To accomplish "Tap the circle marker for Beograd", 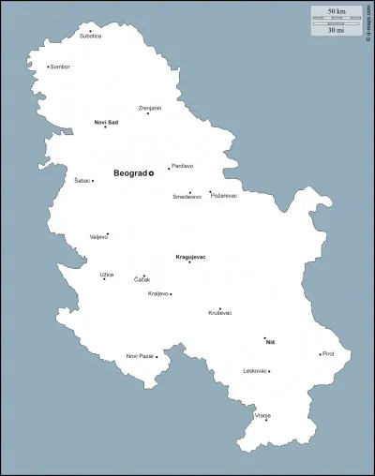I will click(151, 172).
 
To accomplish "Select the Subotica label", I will click(90, 37).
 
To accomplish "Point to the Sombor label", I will click(61, 67).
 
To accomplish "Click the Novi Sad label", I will click(106, 122).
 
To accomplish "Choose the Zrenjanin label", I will click(150, 108).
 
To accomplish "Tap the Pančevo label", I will click(183, 167).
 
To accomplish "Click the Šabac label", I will click(82, 180).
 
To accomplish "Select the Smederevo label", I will click(187, 197).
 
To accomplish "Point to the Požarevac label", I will click(225, 196).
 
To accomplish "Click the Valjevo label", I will click(98, 237).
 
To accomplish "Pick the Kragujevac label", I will click(190, 256).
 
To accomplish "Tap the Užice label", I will click(107, 274).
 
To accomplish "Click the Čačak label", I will click(142, 280).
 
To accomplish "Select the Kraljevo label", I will click(158, 293).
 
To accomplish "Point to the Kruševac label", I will click(219, 313).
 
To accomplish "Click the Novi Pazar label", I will click(140, 356).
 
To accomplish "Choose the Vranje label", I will click(262, 413).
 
